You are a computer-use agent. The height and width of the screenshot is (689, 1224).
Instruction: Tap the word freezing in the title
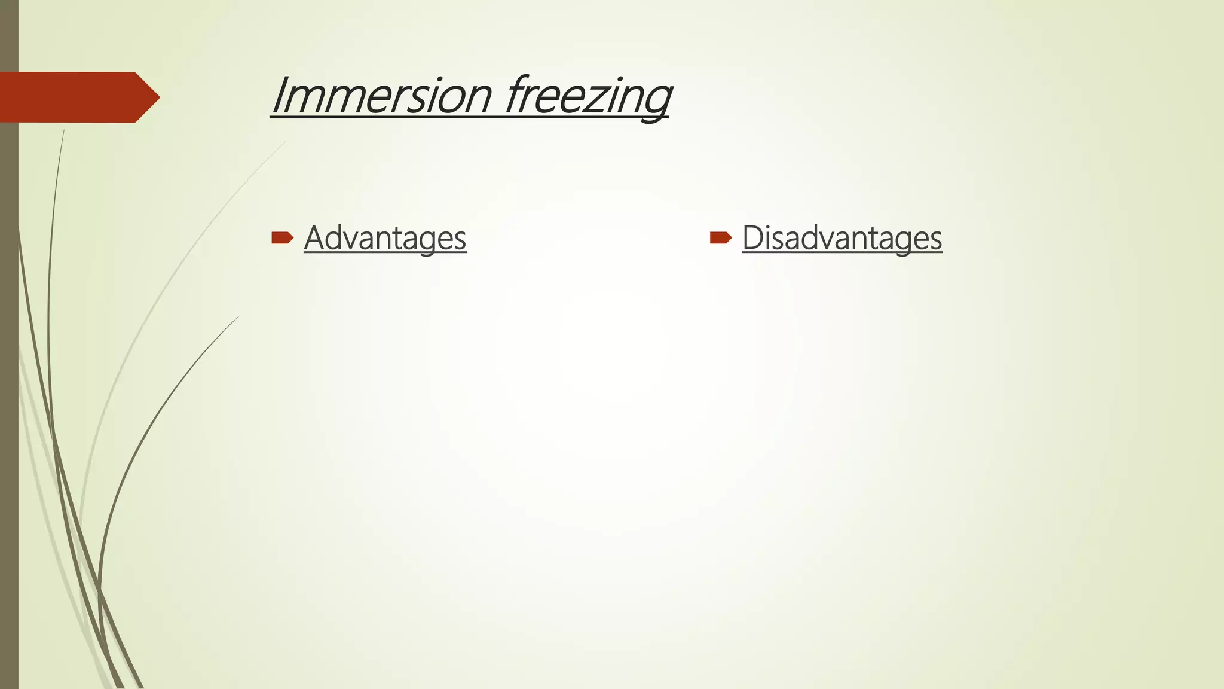pyautogui.click(x=588, y=96)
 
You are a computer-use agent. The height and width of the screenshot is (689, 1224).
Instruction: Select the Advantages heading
pyautogui.click(x=385, y=238)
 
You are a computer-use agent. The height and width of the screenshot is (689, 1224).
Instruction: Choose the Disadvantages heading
pyautogui.click(x=841, y=238)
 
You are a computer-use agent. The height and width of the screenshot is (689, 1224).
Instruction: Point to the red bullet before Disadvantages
pyautogui.click(x=720, y=238)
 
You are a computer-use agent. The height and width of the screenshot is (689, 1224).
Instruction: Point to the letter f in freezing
pyautogui.click(x=516, y=96)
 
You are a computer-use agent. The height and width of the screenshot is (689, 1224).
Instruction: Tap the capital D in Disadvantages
pyautogui.click(x=752, y=237)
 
